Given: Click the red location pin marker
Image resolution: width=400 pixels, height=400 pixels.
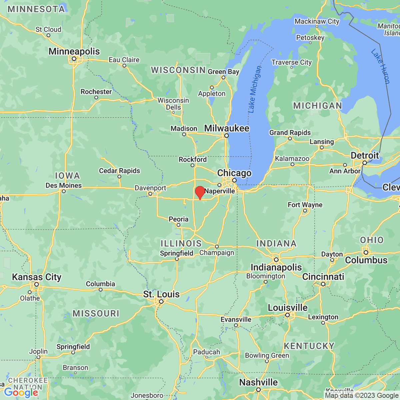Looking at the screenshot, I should click(200, 192).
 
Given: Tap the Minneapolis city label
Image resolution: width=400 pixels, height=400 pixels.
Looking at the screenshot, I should click(74, 51).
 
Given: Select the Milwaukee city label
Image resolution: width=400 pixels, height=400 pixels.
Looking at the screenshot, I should click(227, 128).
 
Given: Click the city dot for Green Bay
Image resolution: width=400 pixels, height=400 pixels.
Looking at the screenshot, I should click(223, 78).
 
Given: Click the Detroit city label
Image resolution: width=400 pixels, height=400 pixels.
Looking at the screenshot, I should click(365, 155).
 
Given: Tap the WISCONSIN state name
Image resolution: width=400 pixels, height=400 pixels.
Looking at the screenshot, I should click(178, 70).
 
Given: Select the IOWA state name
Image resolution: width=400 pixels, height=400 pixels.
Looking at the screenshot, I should click(67, 176).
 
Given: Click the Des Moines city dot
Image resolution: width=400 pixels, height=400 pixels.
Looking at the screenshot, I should click(64, 191).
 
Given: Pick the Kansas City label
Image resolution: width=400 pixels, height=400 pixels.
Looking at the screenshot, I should click(37, 277).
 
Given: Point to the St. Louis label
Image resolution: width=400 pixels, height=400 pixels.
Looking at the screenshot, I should click(161, 294).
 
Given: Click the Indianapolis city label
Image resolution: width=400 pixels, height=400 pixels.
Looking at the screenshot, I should click(276, 267).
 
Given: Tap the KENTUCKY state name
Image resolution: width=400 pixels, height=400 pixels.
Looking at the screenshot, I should click(309, 346).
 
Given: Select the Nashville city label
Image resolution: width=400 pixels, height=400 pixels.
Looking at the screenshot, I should click(258, 382).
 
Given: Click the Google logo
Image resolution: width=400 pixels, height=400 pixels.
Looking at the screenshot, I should click(21, 393).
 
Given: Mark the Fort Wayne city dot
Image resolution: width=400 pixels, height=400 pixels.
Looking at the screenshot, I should click(305, 211).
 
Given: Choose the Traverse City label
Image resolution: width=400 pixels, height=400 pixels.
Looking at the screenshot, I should click(291, 62).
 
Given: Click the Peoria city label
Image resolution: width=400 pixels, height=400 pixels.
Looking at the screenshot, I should click(179, 219).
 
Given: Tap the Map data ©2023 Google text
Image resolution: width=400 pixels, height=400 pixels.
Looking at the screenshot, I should click(362, 396).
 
